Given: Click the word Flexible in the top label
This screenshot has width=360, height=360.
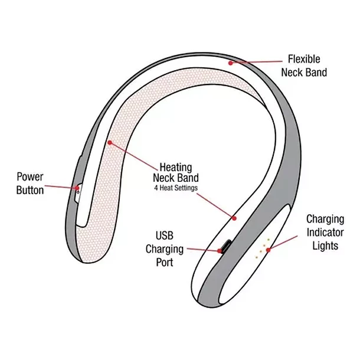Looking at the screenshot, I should click(x=304, y=59).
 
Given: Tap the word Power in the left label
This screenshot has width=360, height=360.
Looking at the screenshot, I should click(x=30, y=176).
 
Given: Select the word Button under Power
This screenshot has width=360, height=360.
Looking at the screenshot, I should click(x=30, y=190).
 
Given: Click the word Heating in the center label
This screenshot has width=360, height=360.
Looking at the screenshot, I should click(x=176, y=166).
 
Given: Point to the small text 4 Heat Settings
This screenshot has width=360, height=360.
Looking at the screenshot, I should click(x=176, y=188).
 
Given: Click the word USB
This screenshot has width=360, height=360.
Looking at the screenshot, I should click(x=165, y=235).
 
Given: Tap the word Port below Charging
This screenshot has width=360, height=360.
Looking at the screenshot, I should click(x=165, y=262).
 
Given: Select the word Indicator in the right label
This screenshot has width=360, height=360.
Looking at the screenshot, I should click(x=325, y=232).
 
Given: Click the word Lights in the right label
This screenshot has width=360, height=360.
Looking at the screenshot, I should click(x=325, y=245).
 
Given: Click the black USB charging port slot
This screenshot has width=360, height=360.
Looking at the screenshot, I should click(x=225, y=246).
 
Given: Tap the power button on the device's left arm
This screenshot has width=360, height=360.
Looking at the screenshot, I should click(x=78, y=189).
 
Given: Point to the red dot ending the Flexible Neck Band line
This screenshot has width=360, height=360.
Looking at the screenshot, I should click(x=231, y=62).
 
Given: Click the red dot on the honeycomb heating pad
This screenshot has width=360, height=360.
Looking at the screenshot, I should click(x=109, y=142).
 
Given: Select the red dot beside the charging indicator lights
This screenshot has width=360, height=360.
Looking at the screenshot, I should click(x=269, y=250).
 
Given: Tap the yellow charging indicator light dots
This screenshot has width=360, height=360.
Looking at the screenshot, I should click(x=262, y=248).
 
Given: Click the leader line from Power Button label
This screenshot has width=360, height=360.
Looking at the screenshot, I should click(x=61, y=187).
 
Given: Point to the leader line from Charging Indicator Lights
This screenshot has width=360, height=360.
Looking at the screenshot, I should click(x=283, y=243).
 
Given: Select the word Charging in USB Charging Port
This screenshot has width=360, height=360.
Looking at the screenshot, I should click(x=165, y=249).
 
